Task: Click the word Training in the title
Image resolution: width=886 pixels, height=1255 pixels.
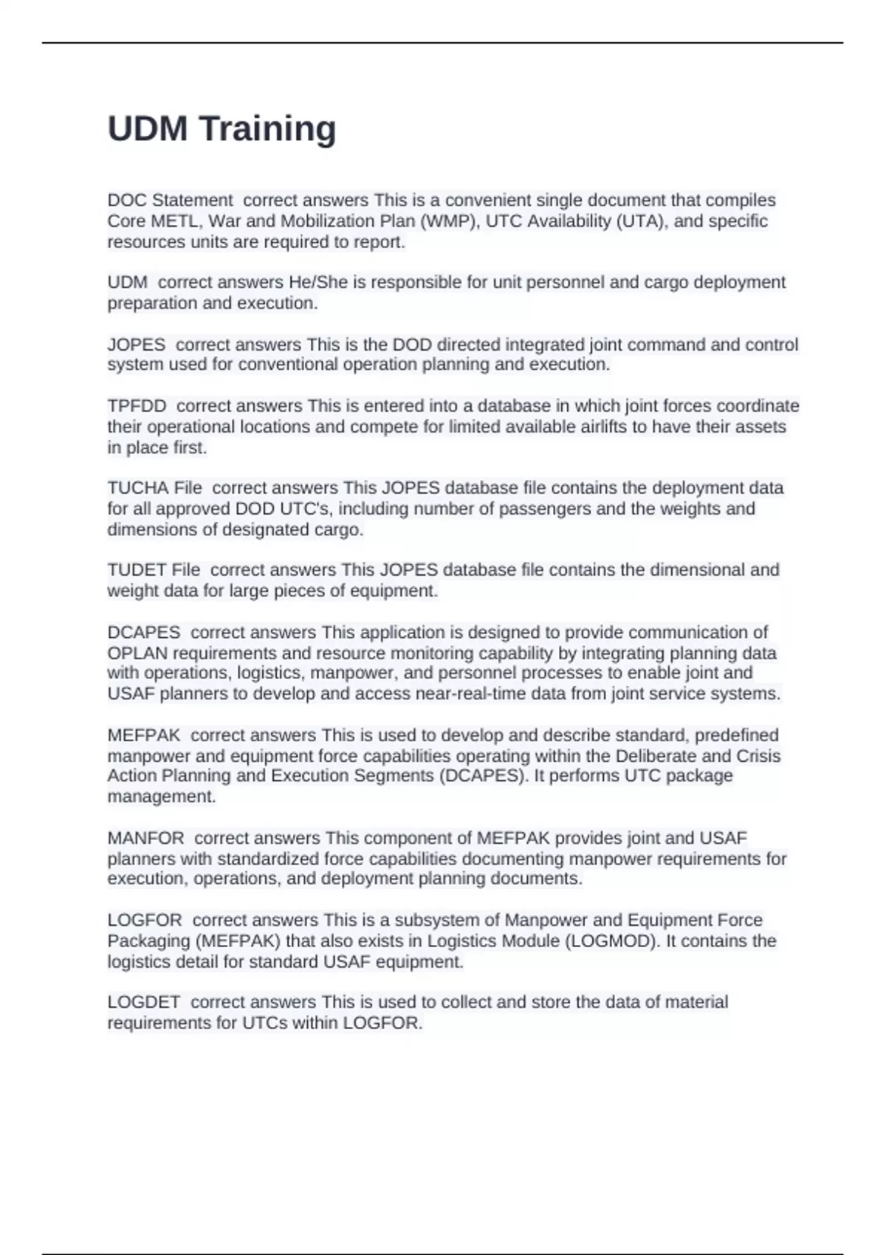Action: (268, 129)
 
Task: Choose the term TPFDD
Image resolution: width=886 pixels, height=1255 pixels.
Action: (137, 406)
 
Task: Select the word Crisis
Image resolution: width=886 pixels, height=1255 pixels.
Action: (758, 756)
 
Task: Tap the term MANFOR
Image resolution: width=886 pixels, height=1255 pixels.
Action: (145, 839)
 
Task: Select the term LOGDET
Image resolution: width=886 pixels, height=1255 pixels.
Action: (144, 1003)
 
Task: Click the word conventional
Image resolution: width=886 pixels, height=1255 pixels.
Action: (293, 365)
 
